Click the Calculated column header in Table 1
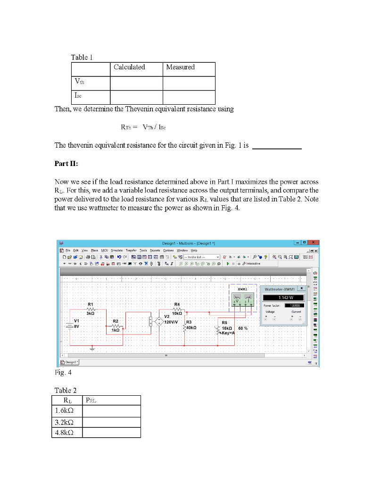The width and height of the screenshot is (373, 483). (129, 67)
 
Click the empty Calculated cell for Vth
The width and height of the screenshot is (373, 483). (136, 83)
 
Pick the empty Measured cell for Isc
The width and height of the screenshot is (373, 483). (189, 97)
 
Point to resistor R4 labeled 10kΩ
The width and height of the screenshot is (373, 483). (177, 309)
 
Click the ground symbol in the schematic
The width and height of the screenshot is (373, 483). (91, 349)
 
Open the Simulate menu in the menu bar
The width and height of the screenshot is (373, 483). (116, 250)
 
